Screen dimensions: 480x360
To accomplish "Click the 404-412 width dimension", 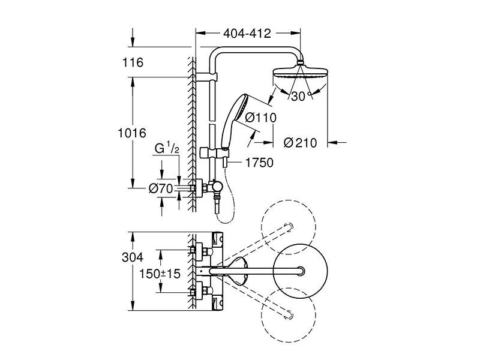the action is coord(247,34).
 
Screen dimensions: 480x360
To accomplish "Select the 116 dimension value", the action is coord(133,62).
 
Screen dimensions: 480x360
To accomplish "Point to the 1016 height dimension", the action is coord(132,133).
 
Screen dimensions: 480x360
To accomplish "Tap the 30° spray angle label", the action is coord(301,97).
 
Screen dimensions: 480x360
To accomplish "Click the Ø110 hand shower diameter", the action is coord(261,117).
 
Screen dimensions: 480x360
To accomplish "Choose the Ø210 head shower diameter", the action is coord(300,143).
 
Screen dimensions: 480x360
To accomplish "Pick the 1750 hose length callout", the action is coord(259,163).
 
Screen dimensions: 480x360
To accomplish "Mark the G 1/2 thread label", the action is coord(167,148).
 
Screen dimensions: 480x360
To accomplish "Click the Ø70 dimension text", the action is coord(161,188).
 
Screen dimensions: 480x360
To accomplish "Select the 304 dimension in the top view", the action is coord(133,257).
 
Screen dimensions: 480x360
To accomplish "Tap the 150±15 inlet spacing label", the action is coord(160,274).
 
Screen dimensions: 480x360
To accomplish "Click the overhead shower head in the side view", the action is coord(300,73).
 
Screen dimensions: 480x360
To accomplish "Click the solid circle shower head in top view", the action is coord(300,271).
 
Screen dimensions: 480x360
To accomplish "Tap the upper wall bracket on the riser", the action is coord(206,77).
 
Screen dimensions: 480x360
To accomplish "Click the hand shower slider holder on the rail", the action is coord(214,153).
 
